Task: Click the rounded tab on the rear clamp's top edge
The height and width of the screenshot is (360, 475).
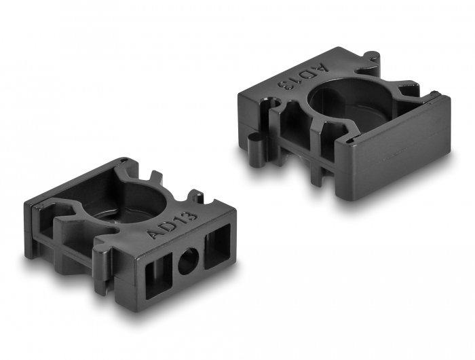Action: point(368,56)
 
